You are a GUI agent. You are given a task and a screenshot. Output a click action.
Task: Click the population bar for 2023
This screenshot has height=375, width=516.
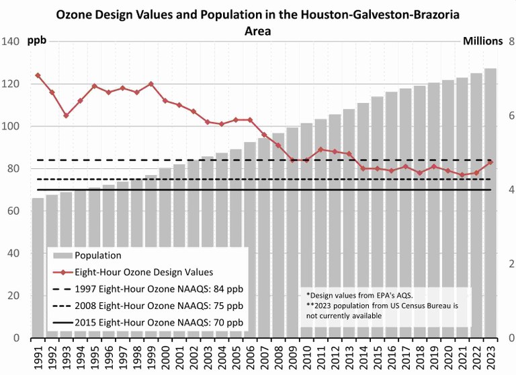pyautogui.click(x=490, y=202)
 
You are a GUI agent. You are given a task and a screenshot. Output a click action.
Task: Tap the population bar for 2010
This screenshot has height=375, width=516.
pyautogui.click(x=306, y=229)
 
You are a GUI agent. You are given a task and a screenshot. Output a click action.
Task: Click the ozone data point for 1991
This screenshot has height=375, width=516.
pyautogui.click(x=38, y=75)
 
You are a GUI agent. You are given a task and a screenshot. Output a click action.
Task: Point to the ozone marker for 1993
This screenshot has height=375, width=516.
pyautogui.click(x=66, y=116)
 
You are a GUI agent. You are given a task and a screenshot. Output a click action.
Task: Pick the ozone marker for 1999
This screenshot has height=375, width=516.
pyautogui.click(x=150, y=84)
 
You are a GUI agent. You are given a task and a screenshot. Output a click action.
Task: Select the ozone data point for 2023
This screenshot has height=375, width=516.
pyautogui.click(x=490, y=162)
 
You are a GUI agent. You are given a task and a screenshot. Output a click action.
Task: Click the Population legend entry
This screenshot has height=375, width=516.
pyautogui.click(x=98, y=256)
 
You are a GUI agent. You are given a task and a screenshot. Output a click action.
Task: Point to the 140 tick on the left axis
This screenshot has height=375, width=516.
pyautogui.click(x=9, y=42)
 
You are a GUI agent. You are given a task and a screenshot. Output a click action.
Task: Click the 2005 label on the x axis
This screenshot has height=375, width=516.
pyautogui.click(x=236, y=356)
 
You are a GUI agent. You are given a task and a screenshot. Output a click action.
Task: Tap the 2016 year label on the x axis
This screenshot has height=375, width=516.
pyautogui.click(x=391, y=356)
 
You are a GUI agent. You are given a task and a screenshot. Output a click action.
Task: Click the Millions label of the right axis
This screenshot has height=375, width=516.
pyautogui.click(x=482, y=41)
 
